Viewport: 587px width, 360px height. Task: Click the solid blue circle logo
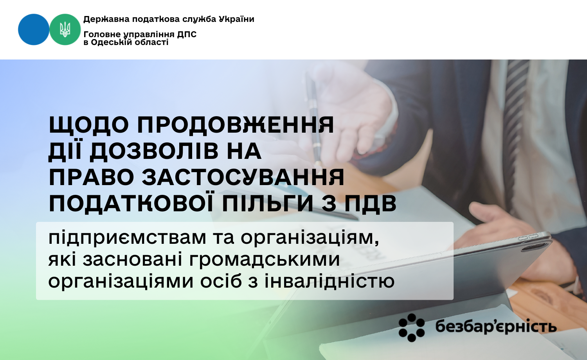tap(34, 29)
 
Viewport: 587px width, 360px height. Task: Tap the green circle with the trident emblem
tap(65, 29)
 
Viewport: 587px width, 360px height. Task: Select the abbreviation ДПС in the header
tap(187, 34)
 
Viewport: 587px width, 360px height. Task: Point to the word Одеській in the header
tap(113, 42)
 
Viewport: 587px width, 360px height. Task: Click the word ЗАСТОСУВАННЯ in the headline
tap(243, 177)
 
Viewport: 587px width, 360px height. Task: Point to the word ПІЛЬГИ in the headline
tap(268, 203)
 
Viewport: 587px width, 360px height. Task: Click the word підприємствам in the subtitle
tap(127, 238)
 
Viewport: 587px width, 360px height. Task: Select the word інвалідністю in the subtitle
tap(330, 281)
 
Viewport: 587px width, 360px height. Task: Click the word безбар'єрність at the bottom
tap(496, 327)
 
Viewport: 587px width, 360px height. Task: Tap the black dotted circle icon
tap(411, 328)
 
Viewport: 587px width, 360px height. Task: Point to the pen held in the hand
tap(313, 118)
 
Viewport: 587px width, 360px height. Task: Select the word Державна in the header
tap(106, 19)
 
